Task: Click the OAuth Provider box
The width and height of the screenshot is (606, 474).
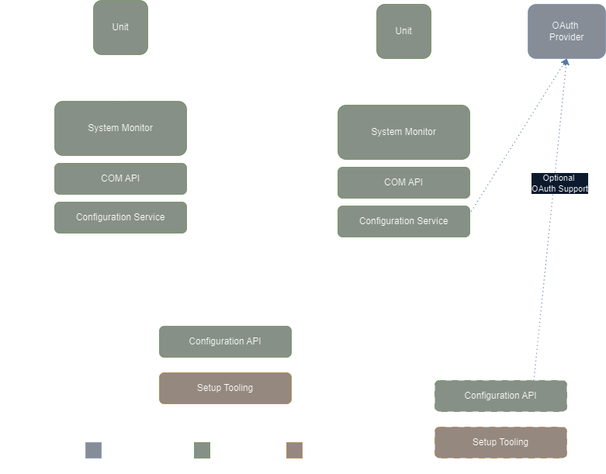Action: coord(566,31)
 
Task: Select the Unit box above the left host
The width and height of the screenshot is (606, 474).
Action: coord(120,27)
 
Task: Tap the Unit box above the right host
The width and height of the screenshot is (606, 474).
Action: coord(403,31)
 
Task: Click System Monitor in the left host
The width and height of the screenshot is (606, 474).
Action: coord(120,128)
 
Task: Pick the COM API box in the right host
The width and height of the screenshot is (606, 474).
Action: coord(403,182)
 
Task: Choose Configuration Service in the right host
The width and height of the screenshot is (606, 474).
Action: coord(403,221)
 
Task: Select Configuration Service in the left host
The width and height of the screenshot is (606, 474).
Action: coord(120,217)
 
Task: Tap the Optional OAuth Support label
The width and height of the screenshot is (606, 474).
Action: coord(559,183)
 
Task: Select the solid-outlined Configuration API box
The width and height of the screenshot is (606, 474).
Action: coord(225,341)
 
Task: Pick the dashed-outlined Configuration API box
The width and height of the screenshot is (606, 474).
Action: coord(500,396)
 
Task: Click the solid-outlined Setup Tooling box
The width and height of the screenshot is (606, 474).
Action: coord(225,388)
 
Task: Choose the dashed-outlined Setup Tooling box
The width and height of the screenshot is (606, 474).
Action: coord(500,442)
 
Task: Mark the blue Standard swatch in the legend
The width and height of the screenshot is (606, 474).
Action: coord(93,450)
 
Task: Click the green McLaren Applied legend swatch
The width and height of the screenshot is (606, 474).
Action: coord(202,450)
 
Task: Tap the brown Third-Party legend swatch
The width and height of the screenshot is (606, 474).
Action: coord(294,450)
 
